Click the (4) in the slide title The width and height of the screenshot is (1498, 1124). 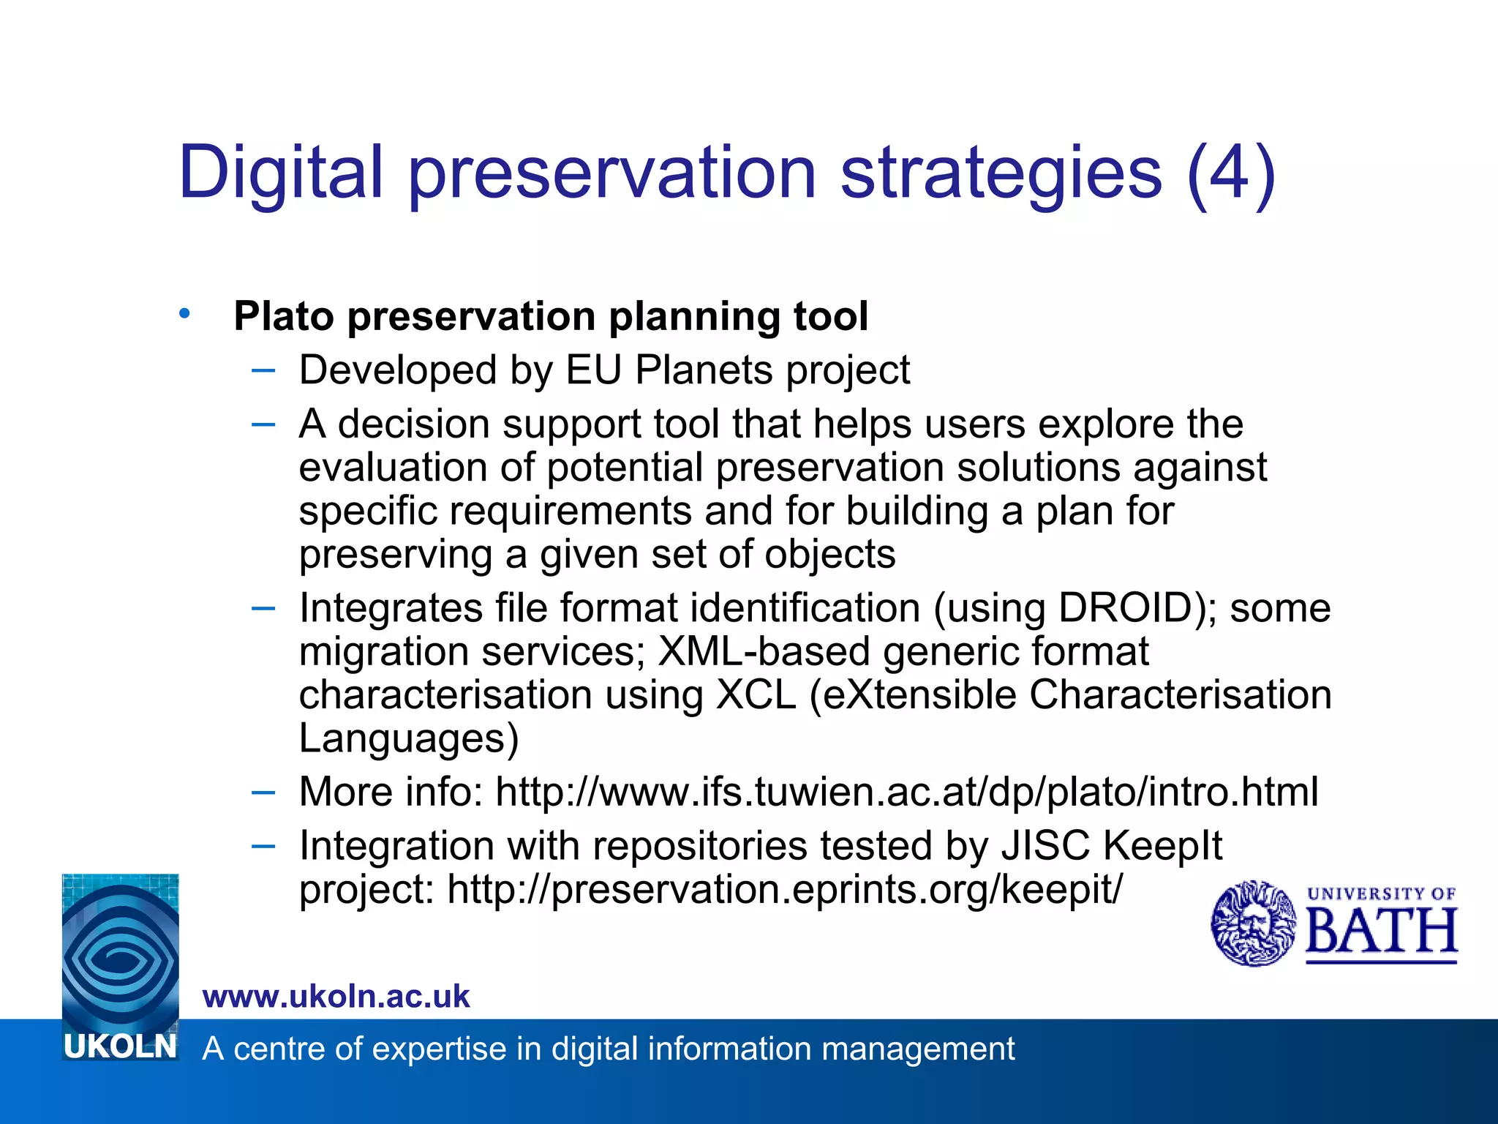point(1231,173)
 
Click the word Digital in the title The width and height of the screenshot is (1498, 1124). point(281,173)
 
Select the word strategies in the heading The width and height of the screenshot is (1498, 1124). point(1001,173)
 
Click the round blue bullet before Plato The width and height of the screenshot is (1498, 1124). point(184,314)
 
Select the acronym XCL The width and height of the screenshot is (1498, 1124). point(756,694)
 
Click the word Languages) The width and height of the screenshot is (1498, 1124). point(408,738)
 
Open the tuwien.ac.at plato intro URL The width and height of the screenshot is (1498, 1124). point(907,792)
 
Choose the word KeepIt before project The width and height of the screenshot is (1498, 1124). point(1163,846)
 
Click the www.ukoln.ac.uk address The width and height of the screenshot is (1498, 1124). point(336,997)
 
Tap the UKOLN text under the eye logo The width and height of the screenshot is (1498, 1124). point(121,1046)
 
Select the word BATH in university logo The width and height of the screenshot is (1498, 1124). point(1382,932)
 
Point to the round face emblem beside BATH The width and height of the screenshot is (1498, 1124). point(1254,923)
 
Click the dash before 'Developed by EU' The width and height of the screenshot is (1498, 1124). point(263,370)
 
